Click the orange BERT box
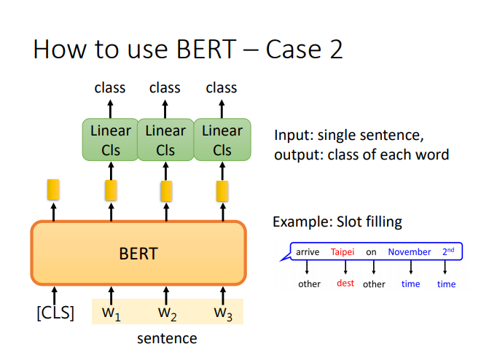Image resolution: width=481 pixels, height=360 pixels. [x=138, y=253]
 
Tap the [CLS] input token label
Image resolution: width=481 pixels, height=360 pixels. [x=55, y=313]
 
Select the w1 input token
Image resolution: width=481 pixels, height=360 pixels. [x=112, y=313]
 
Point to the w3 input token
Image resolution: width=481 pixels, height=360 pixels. [x=223, y=313]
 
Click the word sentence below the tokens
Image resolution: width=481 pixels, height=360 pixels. [x=167, y=339]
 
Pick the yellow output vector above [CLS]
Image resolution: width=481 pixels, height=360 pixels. [x=53, y=189]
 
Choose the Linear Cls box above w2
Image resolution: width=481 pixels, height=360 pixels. [x=165, y=140]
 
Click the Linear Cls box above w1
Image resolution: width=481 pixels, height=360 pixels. [x=111, y=140]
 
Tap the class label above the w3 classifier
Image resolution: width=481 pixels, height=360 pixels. [x=222, y=87]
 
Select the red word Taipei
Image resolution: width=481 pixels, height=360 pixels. [x=343, y=252]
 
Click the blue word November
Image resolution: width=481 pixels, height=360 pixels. [x=410, y=252]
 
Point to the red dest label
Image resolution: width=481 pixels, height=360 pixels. [x=345, y=283]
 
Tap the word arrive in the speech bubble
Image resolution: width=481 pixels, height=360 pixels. [x=308, y=252]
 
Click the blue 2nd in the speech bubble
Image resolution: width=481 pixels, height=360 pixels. [x=448, y=251]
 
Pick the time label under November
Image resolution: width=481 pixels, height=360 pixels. [x=411, y=284]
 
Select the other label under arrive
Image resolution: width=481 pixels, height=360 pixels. [x=309, y=284]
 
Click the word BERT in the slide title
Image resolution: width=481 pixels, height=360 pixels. [x=206, y=49]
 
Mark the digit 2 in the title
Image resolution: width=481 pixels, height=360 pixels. [x=336, y=49]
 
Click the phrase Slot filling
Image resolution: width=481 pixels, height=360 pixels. [x=369, y=222]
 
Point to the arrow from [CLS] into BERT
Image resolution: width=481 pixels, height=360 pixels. [x=55, y=296]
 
